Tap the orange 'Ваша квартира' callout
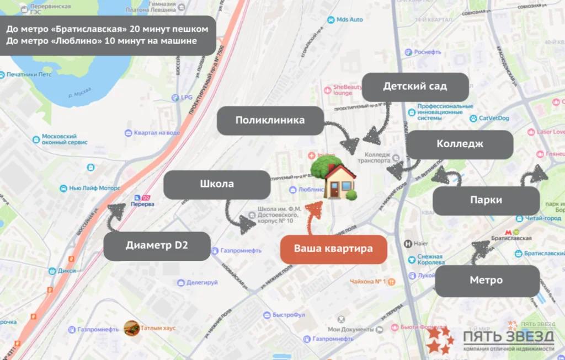click(x=333, y=249)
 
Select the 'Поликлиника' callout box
click(x=270, y=120)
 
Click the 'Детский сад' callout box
click(x=414, y=87)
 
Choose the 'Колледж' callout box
click(x=460, y=144)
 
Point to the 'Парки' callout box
click(x=486, y=201)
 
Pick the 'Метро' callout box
click(x=487, y=281)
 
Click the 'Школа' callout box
click(x=216, y=184)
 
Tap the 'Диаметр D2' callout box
click(x=157, y=246)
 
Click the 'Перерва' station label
click(x=142, y=203)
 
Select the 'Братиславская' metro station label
click(x=510, y=238)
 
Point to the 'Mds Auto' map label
click(x=349, y=20)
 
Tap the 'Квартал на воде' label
click(x=157, y=133)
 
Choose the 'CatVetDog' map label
click(x=493, y=118)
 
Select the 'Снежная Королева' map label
click(x=430, y=260)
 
